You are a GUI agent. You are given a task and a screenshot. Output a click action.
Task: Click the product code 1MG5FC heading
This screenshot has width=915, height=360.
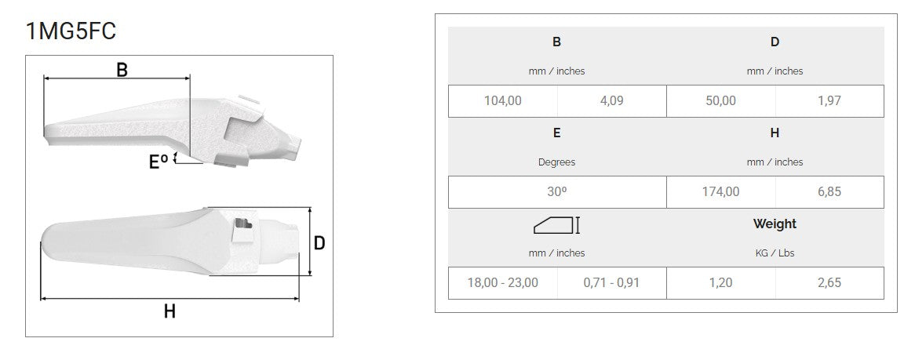(x=71, y=31)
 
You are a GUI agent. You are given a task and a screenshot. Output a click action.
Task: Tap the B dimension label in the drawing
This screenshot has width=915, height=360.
(x=122, y=70)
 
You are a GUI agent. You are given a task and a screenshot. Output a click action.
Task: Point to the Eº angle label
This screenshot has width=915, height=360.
(x=159, y=161)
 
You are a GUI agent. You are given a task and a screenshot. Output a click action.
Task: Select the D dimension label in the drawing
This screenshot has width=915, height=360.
(x=319, y=242)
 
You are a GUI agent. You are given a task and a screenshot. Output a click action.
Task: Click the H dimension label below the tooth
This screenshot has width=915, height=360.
(x=170, y=311)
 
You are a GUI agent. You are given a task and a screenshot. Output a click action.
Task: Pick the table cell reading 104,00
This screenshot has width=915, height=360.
(x=503, y=101)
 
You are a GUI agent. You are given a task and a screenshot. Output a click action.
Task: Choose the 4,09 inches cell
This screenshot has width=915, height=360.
(x=611, y=101)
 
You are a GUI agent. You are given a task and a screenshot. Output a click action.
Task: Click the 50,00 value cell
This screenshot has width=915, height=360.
(x=720, y=101)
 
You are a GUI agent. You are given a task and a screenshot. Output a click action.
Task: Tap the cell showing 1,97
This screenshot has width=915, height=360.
(x=829, y=101)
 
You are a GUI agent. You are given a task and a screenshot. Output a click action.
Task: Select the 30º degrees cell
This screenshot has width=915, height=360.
(x=556, y=192)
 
